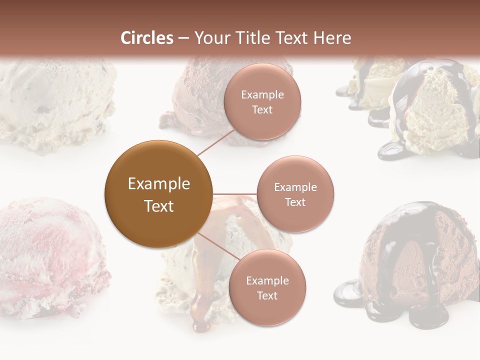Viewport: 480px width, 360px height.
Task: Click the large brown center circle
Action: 158,194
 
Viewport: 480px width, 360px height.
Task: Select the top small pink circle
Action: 262,101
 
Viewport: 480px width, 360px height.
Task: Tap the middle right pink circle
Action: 295,194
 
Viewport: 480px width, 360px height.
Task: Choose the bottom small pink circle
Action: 267,287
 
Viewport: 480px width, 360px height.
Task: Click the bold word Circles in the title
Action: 146,38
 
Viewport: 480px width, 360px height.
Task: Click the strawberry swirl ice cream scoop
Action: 50,255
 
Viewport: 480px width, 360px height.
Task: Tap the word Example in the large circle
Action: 158,184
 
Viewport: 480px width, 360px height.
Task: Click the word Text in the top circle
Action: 262,109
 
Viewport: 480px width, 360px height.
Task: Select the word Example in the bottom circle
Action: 267,280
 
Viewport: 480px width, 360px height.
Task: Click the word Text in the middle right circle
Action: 295,202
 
